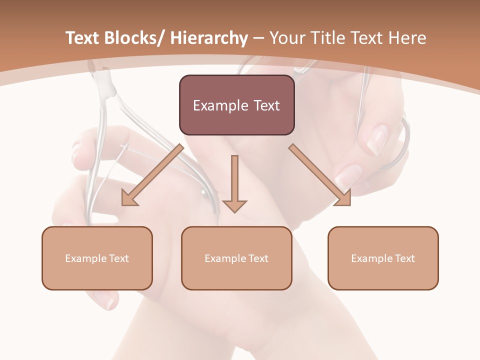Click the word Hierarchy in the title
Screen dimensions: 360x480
209,38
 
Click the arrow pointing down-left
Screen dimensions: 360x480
152,175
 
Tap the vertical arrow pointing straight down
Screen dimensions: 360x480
234,180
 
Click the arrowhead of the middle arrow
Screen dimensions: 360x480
234,205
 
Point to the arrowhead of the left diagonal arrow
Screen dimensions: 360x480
129,198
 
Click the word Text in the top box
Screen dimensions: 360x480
264,105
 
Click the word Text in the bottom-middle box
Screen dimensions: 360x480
255,258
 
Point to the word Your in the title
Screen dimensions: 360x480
284,38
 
